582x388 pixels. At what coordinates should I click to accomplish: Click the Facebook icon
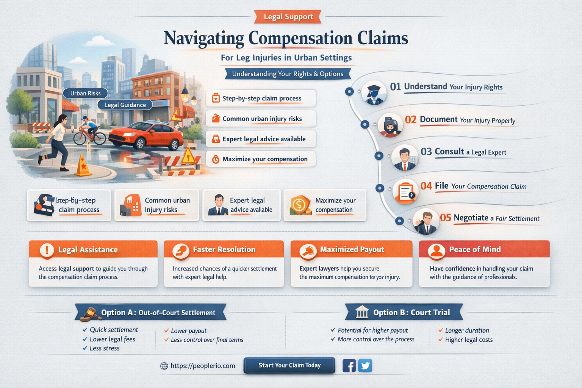[349, 366]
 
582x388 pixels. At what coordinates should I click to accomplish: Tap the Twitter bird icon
[365, 366]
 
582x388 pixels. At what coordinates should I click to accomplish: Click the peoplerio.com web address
[203, 366]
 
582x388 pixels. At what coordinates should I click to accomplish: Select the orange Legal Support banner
[288, 17]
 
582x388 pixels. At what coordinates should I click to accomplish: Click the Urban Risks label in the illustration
[86, 93]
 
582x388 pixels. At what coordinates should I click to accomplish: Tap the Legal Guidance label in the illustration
[125, 105]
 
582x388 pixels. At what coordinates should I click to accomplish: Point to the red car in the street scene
[146, 136]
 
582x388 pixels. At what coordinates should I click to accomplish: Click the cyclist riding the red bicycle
[90, 131]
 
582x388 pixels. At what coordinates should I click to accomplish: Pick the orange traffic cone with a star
[83, 165]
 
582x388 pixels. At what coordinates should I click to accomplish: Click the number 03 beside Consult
[426, 152]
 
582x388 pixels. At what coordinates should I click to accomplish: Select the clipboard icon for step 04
[405, 192]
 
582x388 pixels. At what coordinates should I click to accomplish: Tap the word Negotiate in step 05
[471, 218]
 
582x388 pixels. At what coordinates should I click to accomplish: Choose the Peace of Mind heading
[475, 249]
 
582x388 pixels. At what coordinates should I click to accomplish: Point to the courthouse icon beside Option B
[362, 312]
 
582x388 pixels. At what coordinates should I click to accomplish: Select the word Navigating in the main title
[204, 39]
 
